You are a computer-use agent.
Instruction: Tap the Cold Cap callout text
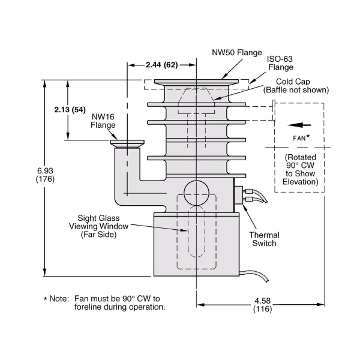(296, 86)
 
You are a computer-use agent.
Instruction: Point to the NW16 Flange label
(103, 121)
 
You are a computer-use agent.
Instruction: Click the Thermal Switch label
(264, 239)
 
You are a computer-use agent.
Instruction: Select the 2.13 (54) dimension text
(70, 110)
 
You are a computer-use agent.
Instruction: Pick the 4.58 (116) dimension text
(262, 304)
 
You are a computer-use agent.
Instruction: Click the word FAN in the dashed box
(299, 138)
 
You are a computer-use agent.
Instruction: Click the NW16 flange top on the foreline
(126, 143)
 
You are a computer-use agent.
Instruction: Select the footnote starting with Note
(104, 302)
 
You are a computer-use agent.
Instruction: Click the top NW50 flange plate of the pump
(197, 82)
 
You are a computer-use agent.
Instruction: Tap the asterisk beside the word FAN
(308, 137)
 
